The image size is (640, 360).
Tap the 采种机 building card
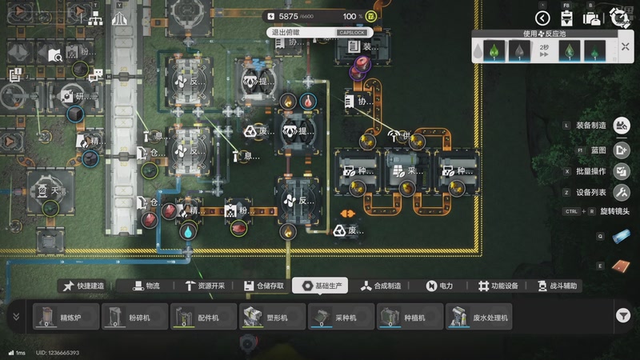pos(339,317)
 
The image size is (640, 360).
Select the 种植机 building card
pos(408,317)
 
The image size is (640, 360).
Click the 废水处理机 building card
pos(480,317)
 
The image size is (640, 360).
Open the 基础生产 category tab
pos(319,286)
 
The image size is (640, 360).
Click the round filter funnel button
pos(623,316)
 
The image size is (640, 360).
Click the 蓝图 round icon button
pos(622,150)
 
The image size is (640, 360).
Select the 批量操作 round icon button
pos(622,171)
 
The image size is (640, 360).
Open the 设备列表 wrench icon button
pos(622,193)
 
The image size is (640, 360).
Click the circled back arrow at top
pos(543,18)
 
